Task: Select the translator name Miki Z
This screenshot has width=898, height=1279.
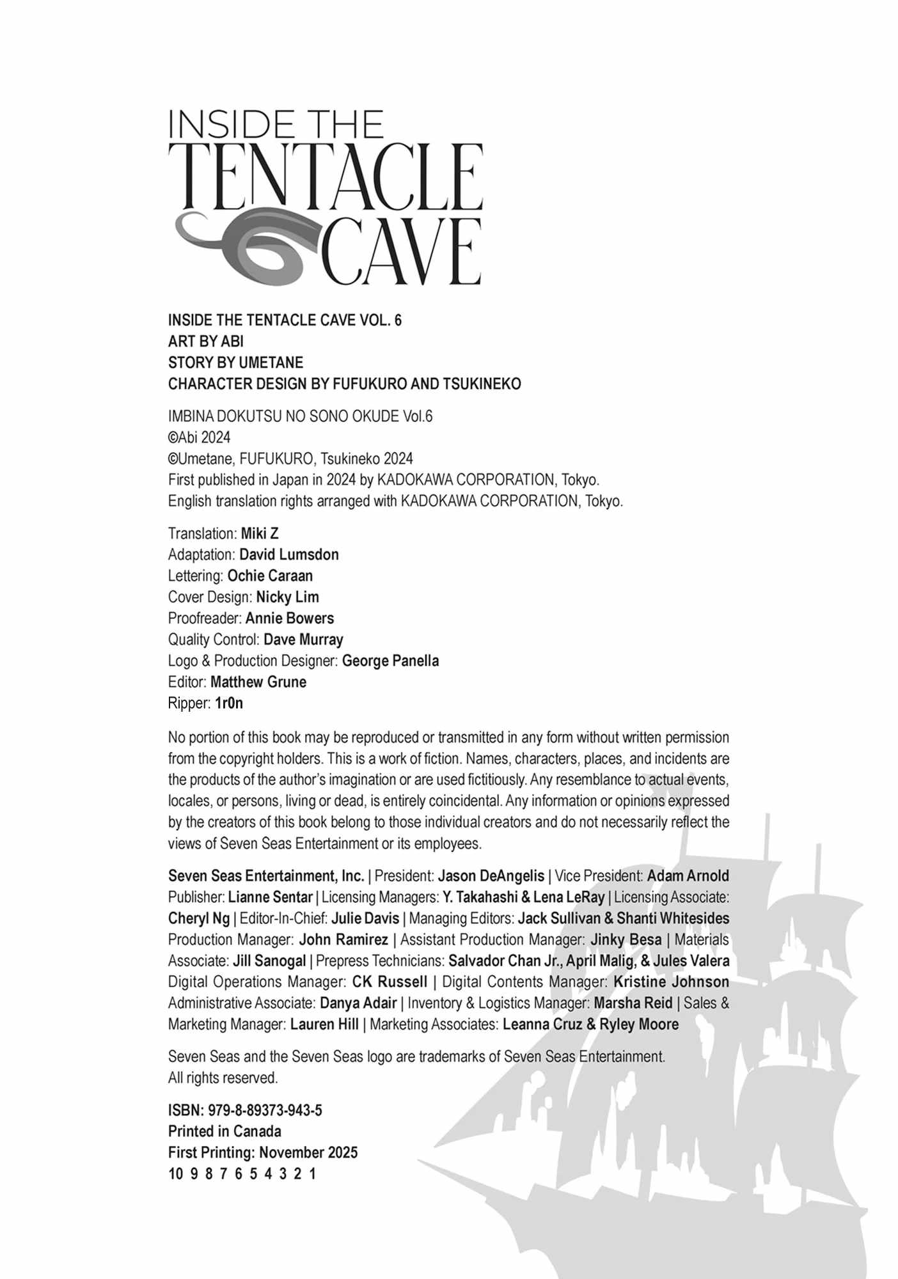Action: pos(260,533)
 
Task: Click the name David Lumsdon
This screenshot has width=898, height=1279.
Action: pos(288,554)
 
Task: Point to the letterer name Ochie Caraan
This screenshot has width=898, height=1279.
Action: pos(270,576)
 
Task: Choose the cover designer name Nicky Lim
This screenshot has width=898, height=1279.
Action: pos(287,597)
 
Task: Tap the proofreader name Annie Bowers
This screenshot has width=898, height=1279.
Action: pos(289,618)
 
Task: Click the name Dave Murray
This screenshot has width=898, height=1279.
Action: pos(303,639)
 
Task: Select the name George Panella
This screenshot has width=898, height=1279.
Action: pos(390,661)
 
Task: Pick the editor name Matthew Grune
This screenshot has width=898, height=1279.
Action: pos(258,682)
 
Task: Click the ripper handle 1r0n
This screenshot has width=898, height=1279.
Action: pos(229,703)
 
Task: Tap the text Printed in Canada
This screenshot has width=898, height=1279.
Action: pos(224,1131)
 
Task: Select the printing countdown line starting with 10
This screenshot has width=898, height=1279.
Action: pos(242,1174)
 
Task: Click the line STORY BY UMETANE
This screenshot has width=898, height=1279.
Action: pos(235,363)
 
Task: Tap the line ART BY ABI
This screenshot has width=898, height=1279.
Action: pos(205,341)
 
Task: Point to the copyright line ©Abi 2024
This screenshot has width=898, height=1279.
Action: pos(199,437)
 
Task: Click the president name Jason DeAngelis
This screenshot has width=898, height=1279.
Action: pos(491,875)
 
